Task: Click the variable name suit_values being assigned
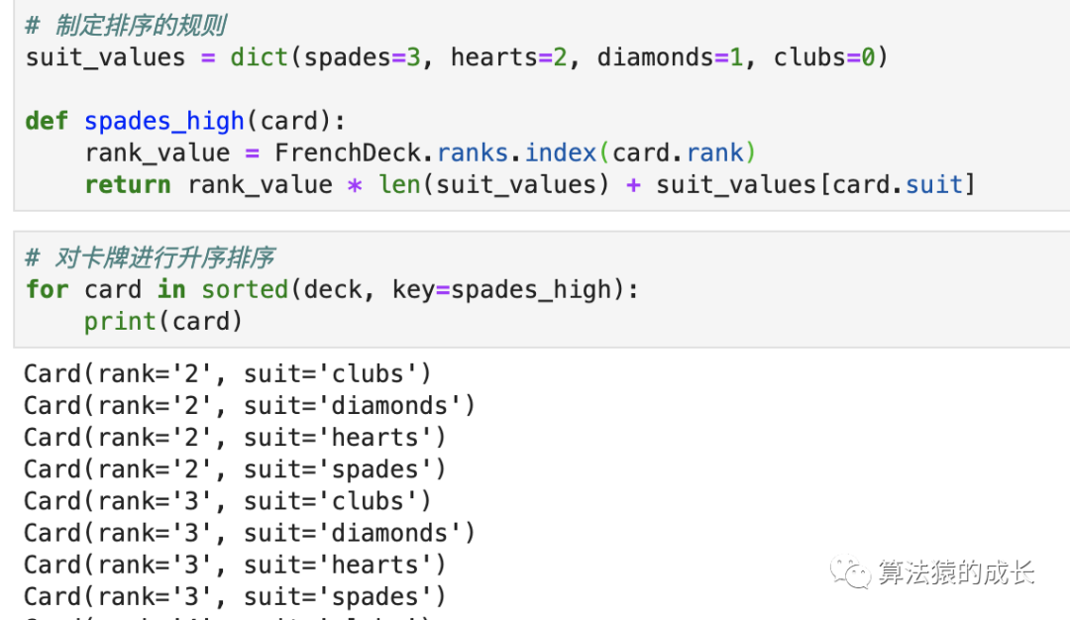(x=105, y=57)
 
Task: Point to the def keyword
(x=47, y=121)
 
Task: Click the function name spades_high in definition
(x=164, y=121)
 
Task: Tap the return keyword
(x=128, y=184)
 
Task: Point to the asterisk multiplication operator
(x=355, y=185)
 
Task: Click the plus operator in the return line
(x=633, y=184)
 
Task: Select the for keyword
(x=47, y=289)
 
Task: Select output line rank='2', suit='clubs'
(x=228, y=374)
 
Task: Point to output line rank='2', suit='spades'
(x=235, y=469)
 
